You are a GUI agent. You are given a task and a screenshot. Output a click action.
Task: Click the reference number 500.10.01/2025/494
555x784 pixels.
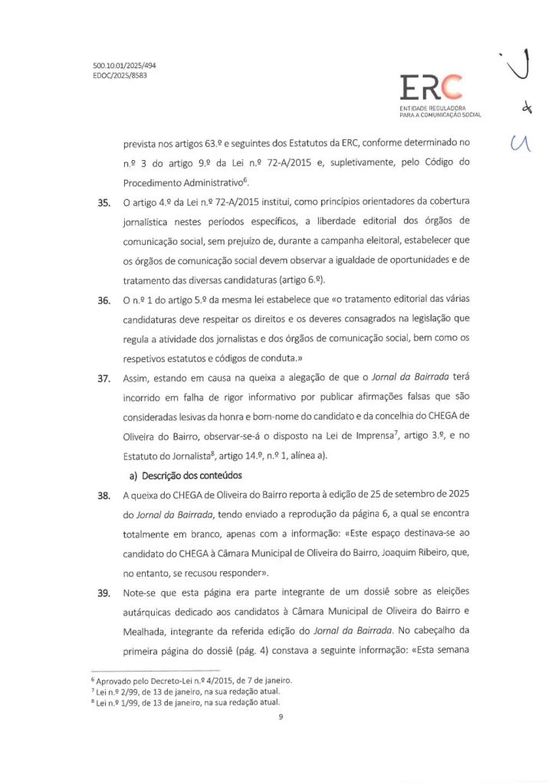point(119,67)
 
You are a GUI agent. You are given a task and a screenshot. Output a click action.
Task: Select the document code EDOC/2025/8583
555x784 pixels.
point(114,77)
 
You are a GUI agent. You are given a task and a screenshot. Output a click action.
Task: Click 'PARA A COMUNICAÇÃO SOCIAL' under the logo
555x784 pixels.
point(440,115)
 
